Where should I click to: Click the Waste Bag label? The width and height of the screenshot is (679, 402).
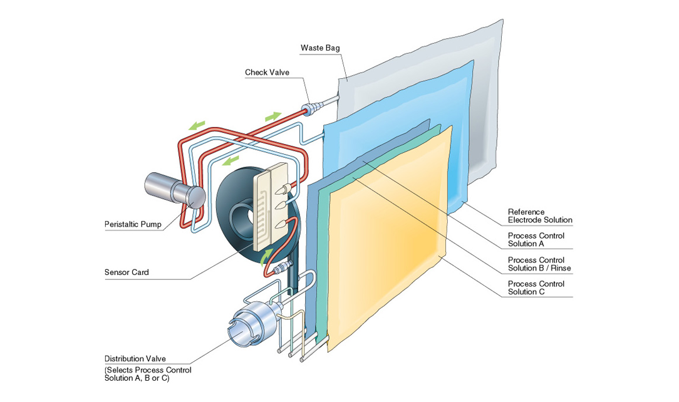coord(320,48)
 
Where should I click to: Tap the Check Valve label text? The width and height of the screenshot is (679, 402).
coord(267,73)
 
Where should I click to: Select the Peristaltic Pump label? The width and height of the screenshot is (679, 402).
coord(132,224)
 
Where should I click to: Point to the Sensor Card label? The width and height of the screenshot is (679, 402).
coord(127,272)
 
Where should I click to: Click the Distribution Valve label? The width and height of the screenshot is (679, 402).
coord(135,359)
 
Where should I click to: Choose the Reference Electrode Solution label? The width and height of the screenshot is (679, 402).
coord(540,216)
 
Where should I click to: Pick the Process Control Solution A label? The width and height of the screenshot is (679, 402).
coord(536,240)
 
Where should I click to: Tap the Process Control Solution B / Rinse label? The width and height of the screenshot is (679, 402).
coord(539,264)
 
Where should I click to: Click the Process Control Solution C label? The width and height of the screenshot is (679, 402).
coord(536,287)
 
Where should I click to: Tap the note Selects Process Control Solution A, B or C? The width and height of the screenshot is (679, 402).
coord(148,374)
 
